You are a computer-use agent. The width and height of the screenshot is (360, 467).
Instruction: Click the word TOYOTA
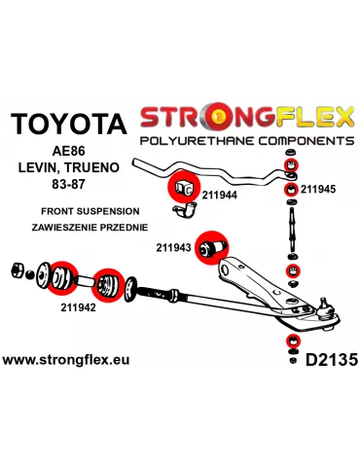coord(68,124)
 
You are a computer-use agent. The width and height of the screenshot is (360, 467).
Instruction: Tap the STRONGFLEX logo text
coord(245,118)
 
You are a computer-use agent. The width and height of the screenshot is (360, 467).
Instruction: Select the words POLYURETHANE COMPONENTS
coord(246,141)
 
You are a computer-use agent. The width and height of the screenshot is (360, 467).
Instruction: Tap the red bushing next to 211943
coord(212,246)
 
